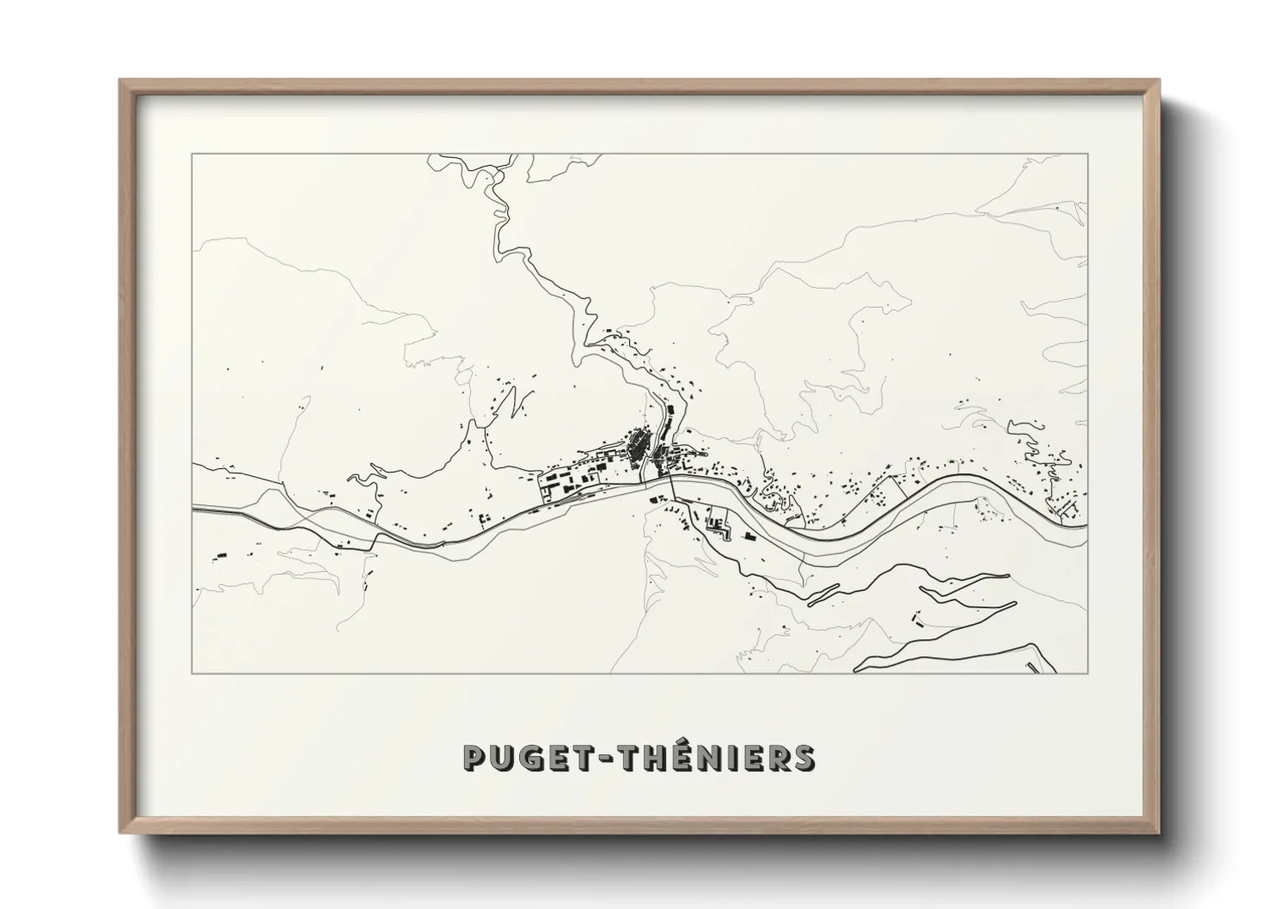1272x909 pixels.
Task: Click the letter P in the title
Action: point(475,757)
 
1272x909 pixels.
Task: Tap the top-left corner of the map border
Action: point(193,155)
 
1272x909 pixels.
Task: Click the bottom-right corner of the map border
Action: point(1087,673)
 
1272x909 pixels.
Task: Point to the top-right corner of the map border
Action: point(1087,155)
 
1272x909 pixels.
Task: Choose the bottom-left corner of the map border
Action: point(193,673)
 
